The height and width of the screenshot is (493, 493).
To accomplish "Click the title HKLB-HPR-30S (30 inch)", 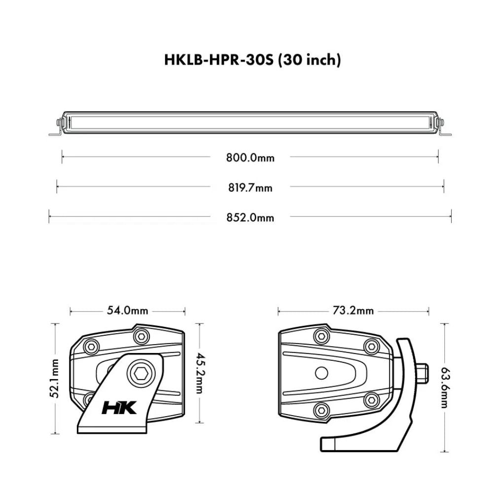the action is (252, 60).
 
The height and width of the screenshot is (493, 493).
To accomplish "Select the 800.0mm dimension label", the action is (250, 158).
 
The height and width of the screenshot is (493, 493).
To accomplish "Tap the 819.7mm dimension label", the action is (250, 188).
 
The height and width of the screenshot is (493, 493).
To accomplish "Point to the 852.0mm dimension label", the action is (250, 217).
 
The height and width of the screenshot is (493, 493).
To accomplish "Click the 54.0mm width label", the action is (127, 311).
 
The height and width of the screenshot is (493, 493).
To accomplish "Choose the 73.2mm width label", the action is (353, 311).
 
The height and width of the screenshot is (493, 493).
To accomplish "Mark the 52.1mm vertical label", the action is (55, 378).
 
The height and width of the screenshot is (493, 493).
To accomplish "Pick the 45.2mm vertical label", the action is (199, 373).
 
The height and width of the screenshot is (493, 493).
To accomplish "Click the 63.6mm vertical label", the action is (444, 387).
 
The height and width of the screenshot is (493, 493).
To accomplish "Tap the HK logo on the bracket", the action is (119, 408).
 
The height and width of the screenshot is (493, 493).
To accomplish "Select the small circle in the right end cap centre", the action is (321, 373).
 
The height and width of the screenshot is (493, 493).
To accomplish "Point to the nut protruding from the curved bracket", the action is (422, 373).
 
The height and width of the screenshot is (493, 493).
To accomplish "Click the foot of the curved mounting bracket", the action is (328, 444).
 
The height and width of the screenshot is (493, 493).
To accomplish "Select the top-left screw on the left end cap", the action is (91, 347).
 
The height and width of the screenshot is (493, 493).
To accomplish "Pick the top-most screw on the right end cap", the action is (321, 336).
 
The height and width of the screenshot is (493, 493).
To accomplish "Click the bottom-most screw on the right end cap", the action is (321, 409).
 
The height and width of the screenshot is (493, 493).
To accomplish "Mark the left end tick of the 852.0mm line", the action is (49, 216).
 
